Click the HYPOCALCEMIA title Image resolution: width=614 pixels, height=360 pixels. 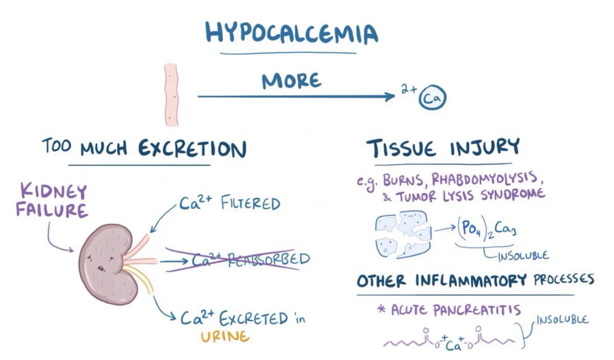coord(291,33)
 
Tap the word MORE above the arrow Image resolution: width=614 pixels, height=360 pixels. coord(292,81)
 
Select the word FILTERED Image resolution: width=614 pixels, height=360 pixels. coord(251,204)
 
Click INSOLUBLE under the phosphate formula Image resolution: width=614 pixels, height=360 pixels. coord(523,255)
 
